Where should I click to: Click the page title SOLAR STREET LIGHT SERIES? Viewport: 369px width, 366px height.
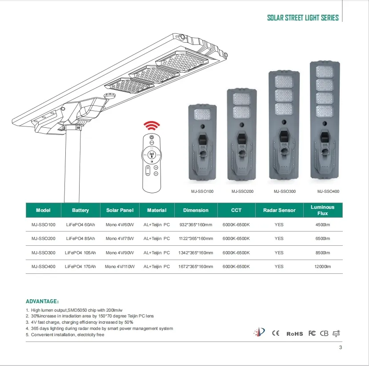(303, 18)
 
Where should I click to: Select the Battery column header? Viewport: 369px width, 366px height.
(80, 210)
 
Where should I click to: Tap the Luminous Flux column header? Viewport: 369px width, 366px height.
(323, 210)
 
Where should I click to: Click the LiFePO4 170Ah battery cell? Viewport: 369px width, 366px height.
(80, 266)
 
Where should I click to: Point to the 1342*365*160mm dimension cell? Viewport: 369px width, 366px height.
(196, 252)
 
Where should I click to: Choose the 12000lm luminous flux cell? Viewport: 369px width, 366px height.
(323, 266)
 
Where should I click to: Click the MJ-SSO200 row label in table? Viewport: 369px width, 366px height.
(44, 239)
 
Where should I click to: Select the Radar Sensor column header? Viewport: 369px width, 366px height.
(279, 210)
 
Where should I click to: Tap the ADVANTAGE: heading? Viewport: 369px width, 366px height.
(43, 301)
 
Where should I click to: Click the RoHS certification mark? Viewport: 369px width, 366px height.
(294, 333)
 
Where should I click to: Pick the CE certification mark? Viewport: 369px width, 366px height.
(276, 333)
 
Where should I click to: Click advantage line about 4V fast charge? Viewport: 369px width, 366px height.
(80, 322)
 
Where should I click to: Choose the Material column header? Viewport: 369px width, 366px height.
(156, 210)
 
